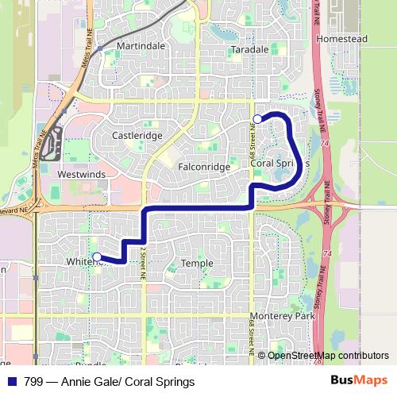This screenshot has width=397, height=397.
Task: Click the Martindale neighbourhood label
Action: tap(141, 46)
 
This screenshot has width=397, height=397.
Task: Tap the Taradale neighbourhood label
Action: tap(249, 49)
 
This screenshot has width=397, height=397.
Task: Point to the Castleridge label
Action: tap(137, 136)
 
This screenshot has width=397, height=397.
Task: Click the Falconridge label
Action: tap(204, 168)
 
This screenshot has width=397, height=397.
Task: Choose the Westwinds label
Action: tap(81, 172)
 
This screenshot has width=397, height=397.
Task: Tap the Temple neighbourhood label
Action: tap(197, 263)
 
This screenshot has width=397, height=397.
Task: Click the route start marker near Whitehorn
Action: tap(97, 256)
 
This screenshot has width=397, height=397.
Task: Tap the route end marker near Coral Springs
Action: tap(256, 119)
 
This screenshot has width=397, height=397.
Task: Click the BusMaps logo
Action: tap(359, 381)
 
